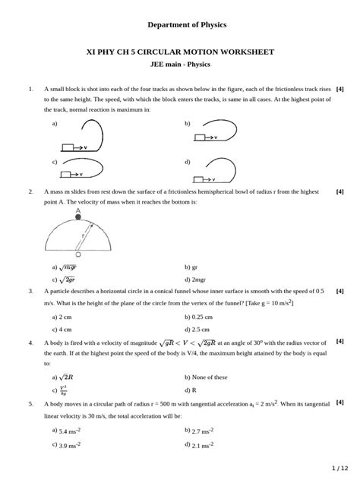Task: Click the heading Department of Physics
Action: [x=179, y=24]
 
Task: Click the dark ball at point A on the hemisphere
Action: [x=78, y=217]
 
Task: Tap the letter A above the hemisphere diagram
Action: [x=78, y=209]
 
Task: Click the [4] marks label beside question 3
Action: [x=339, y=291]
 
